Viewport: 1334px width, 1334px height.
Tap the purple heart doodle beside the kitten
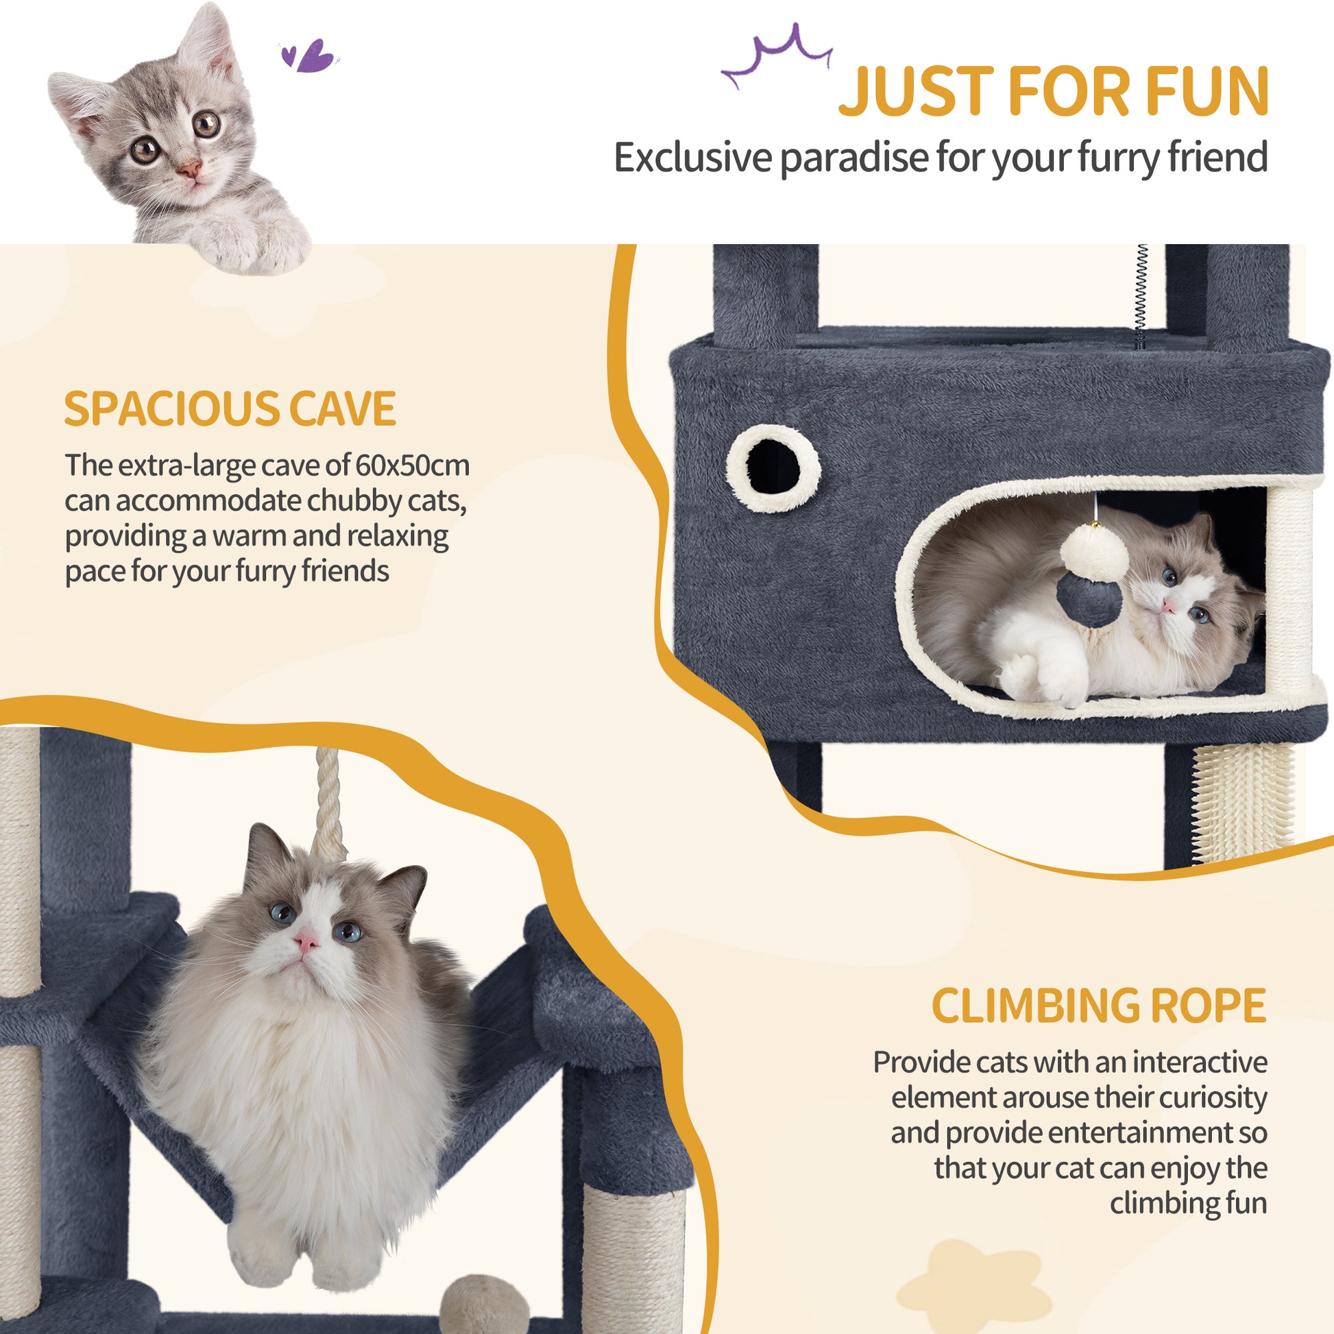pyautogui.click(x=308, y=56)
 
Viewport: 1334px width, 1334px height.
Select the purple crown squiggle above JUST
pyautogui.click(x=777, y=57)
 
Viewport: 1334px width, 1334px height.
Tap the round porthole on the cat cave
pyautogui.click(x=773, y=468)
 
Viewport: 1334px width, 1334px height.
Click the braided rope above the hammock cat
pyautogui.click(x=329, y=802)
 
